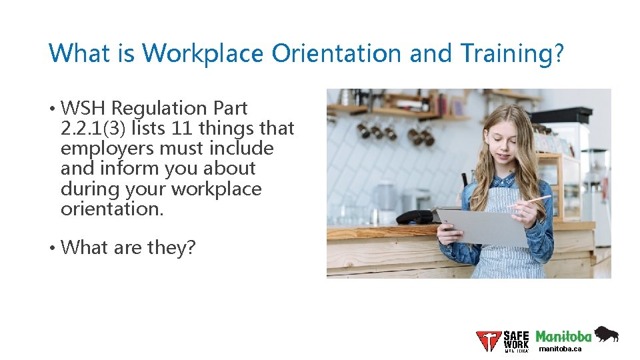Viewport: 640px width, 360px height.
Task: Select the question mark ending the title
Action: [557, 53]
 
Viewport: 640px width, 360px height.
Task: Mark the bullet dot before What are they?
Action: [51, 248]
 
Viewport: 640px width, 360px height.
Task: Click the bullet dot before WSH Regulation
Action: [51, 108]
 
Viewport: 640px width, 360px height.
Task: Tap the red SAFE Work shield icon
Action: [489, 341]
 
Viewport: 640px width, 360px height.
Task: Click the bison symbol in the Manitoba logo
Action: [606, 334]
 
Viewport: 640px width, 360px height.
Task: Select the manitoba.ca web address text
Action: [560, 349]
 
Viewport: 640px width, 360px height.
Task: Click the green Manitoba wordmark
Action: [563, 336]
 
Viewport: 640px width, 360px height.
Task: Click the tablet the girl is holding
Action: [483, 227]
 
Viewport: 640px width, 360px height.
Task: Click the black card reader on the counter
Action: [415, 217]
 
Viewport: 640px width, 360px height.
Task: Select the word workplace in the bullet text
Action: [216, 189]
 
